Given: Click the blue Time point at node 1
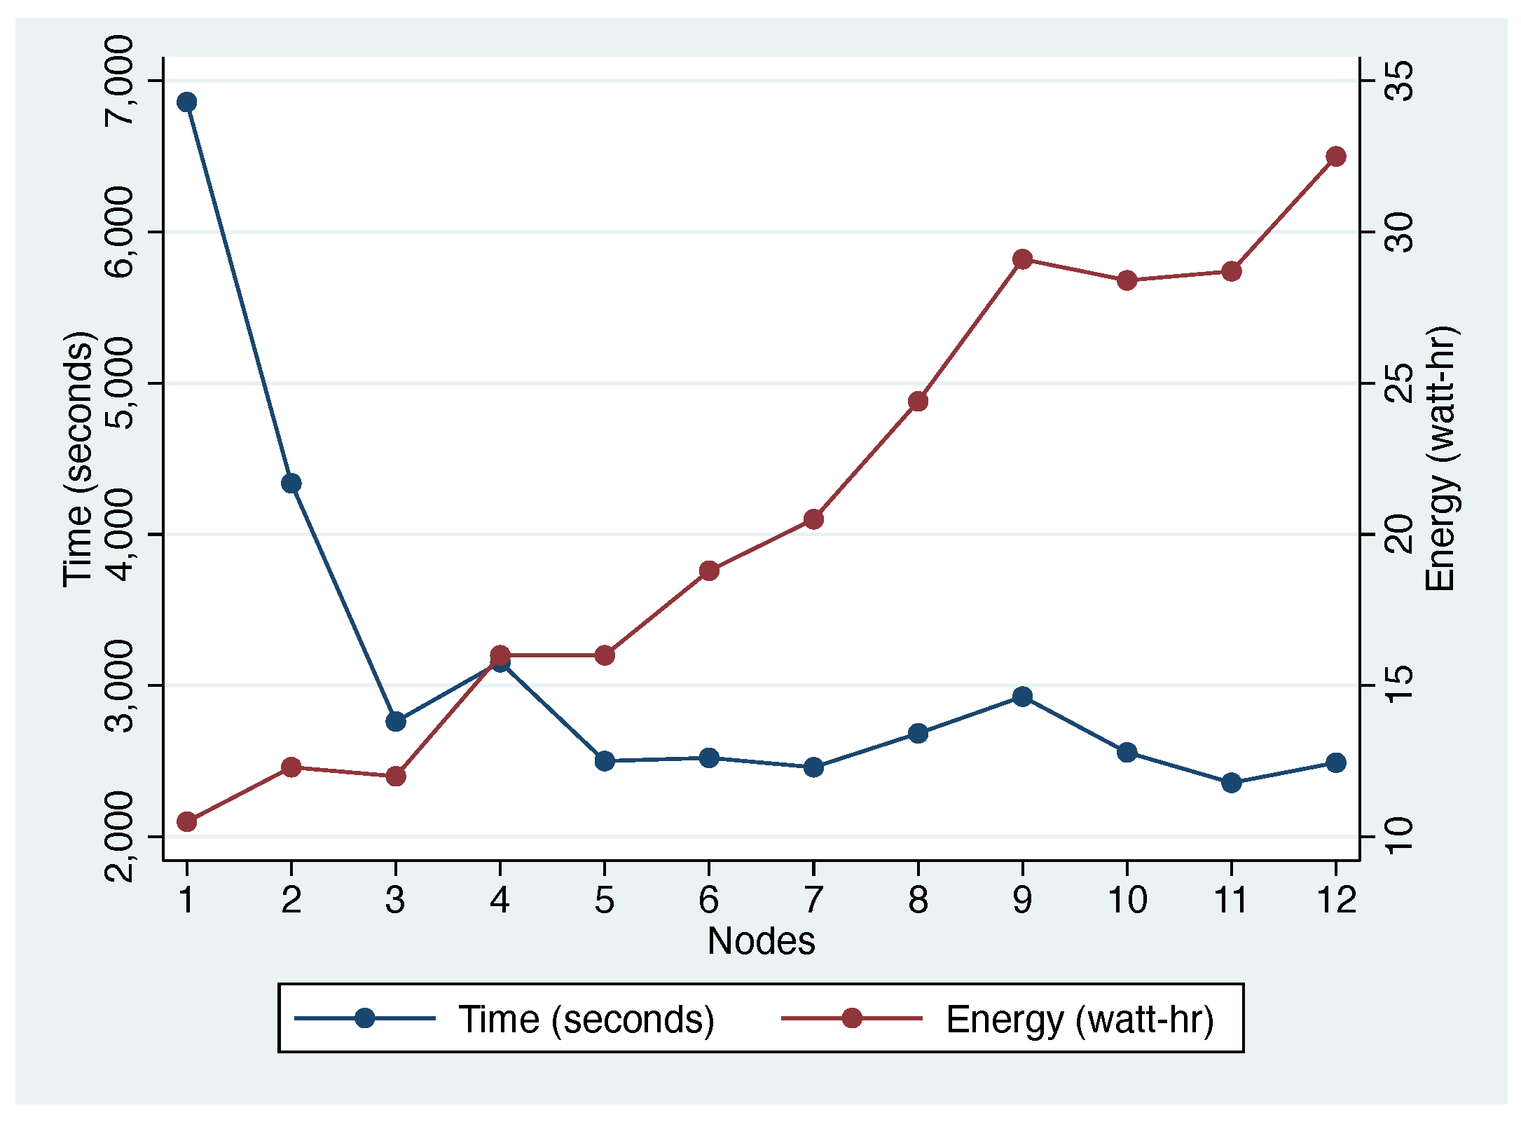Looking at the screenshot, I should pyautogui.click(x=186, y=102).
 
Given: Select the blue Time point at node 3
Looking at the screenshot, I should pyautogui.click(x=396, y=721).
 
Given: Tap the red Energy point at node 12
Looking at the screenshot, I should pyautogui.click(x=1336, y=156).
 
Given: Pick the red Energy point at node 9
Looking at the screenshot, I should pyautogui.click(x=1022, y=259).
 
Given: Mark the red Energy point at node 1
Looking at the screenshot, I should pyautogui.click(x=186, y=821).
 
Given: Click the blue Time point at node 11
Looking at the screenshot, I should pyautogui.click(x=1232, y=783).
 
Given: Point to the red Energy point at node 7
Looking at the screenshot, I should pyautogui.click(x=813, y=519).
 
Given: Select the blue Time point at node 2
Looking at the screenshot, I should pyautogui.click(x=291, y=483).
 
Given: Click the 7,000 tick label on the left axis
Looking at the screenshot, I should pyautogui.click(x=118, y=81).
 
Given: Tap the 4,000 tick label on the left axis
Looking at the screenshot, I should pyautogui.click(x=118, y=535).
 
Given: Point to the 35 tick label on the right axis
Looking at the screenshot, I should pyautogui.click(x=1401, y=81).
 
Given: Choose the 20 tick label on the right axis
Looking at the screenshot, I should pyautogui.click(x=1401, y=535).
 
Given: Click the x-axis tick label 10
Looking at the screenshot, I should pyautogui.click(x=1127, y=900).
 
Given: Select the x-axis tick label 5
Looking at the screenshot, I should pyautogui.click(x=604, y=900).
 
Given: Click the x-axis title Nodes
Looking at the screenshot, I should pyautogui.click(x=761, y=941).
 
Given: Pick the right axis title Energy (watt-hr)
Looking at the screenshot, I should pyautogui.click(x=1440, y=459).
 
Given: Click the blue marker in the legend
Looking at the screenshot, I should pyautogui.click(x=364, y=1018).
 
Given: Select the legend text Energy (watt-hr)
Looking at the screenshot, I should pyautogui.click(x=1080, y=1019).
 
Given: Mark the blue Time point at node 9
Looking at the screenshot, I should pyautogui.click(x=1022, y=697).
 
